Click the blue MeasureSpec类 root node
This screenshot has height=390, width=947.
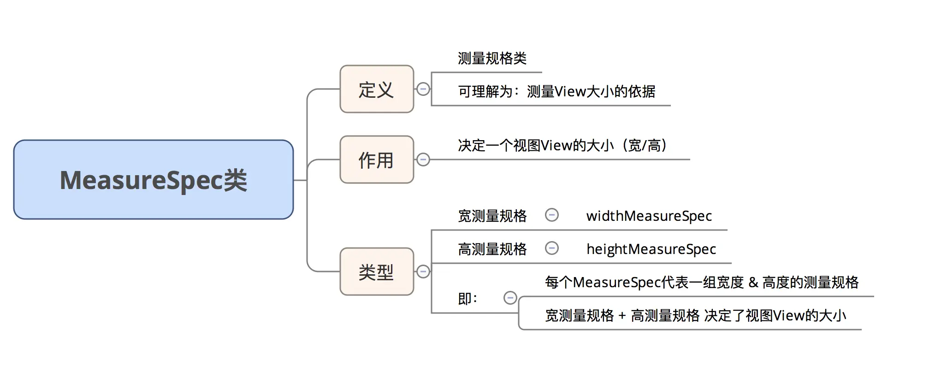[x=153, y=180]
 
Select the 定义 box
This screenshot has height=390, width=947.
[x=376, y=89]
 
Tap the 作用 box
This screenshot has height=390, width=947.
[x=376, y=160]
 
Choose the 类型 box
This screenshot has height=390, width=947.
[x=376, y=272]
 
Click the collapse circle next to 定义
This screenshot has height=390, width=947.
[x=423, y=89]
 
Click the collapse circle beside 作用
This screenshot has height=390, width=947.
[x=423, y=160]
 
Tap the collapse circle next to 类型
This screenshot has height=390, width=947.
[x=423, y=272]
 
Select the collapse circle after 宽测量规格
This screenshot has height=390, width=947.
[x=551, y=215]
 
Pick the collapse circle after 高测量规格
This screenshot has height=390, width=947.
[x=551, y=248]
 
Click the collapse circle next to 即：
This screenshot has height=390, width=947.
[x=510, y=298]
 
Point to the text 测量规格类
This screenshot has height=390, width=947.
[x=492, y=59]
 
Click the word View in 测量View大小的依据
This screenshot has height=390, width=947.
[x=570, y=92]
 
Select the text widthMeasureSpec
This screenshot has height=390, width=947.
[x=649, y=216]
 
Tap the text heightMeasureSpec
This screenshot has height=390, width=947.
[x=651, y=249]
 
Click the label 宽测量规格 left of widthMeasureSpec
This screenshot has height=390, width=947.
[x=492, y=216]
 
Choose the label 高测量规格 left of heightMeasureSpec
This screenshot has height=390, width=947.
[x=492, y=249]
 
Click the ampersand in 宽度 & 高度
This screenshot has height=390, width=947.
[x=753, y=282]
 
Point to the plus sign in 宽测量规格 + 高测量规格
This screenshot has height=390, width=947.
[x=622, y=316]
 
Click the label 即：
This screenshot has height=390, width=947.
[x=468, y=299]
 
